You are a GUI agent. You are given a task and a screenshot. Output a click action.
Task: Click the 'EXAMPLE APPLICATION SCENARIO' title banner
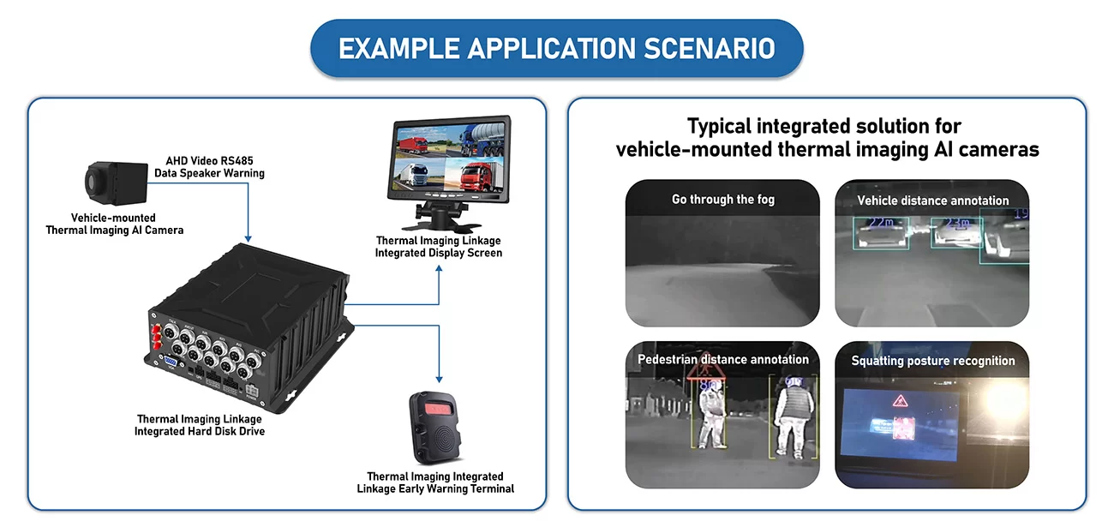[556, 49]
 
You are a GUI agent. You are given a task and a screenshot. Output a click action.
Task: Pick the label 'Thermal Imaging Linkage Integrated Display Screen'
[438, 247]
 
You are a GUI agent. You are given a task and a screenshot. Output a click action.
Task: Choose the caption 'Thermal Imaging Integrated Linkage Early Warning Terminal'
[435, 482]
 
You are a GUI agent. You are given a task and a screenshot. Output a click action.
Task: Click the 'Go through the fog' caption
[722, 200]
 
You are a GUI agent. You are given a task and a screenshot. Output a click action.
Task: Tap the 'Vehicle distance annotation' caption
[932, 201]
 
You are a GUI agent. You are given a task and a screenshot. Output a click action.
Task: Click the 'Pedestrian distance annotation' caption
[722, 360]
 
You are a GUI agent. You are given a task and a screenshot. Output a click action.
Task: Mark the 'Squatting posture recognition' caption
[932, 361]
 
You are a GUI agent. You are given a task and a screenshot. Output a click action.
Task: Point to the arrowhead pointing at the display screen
[439, 269]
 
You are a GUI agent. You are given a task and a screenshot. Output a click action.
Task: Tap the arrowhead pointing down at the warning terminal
[439, 378]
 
